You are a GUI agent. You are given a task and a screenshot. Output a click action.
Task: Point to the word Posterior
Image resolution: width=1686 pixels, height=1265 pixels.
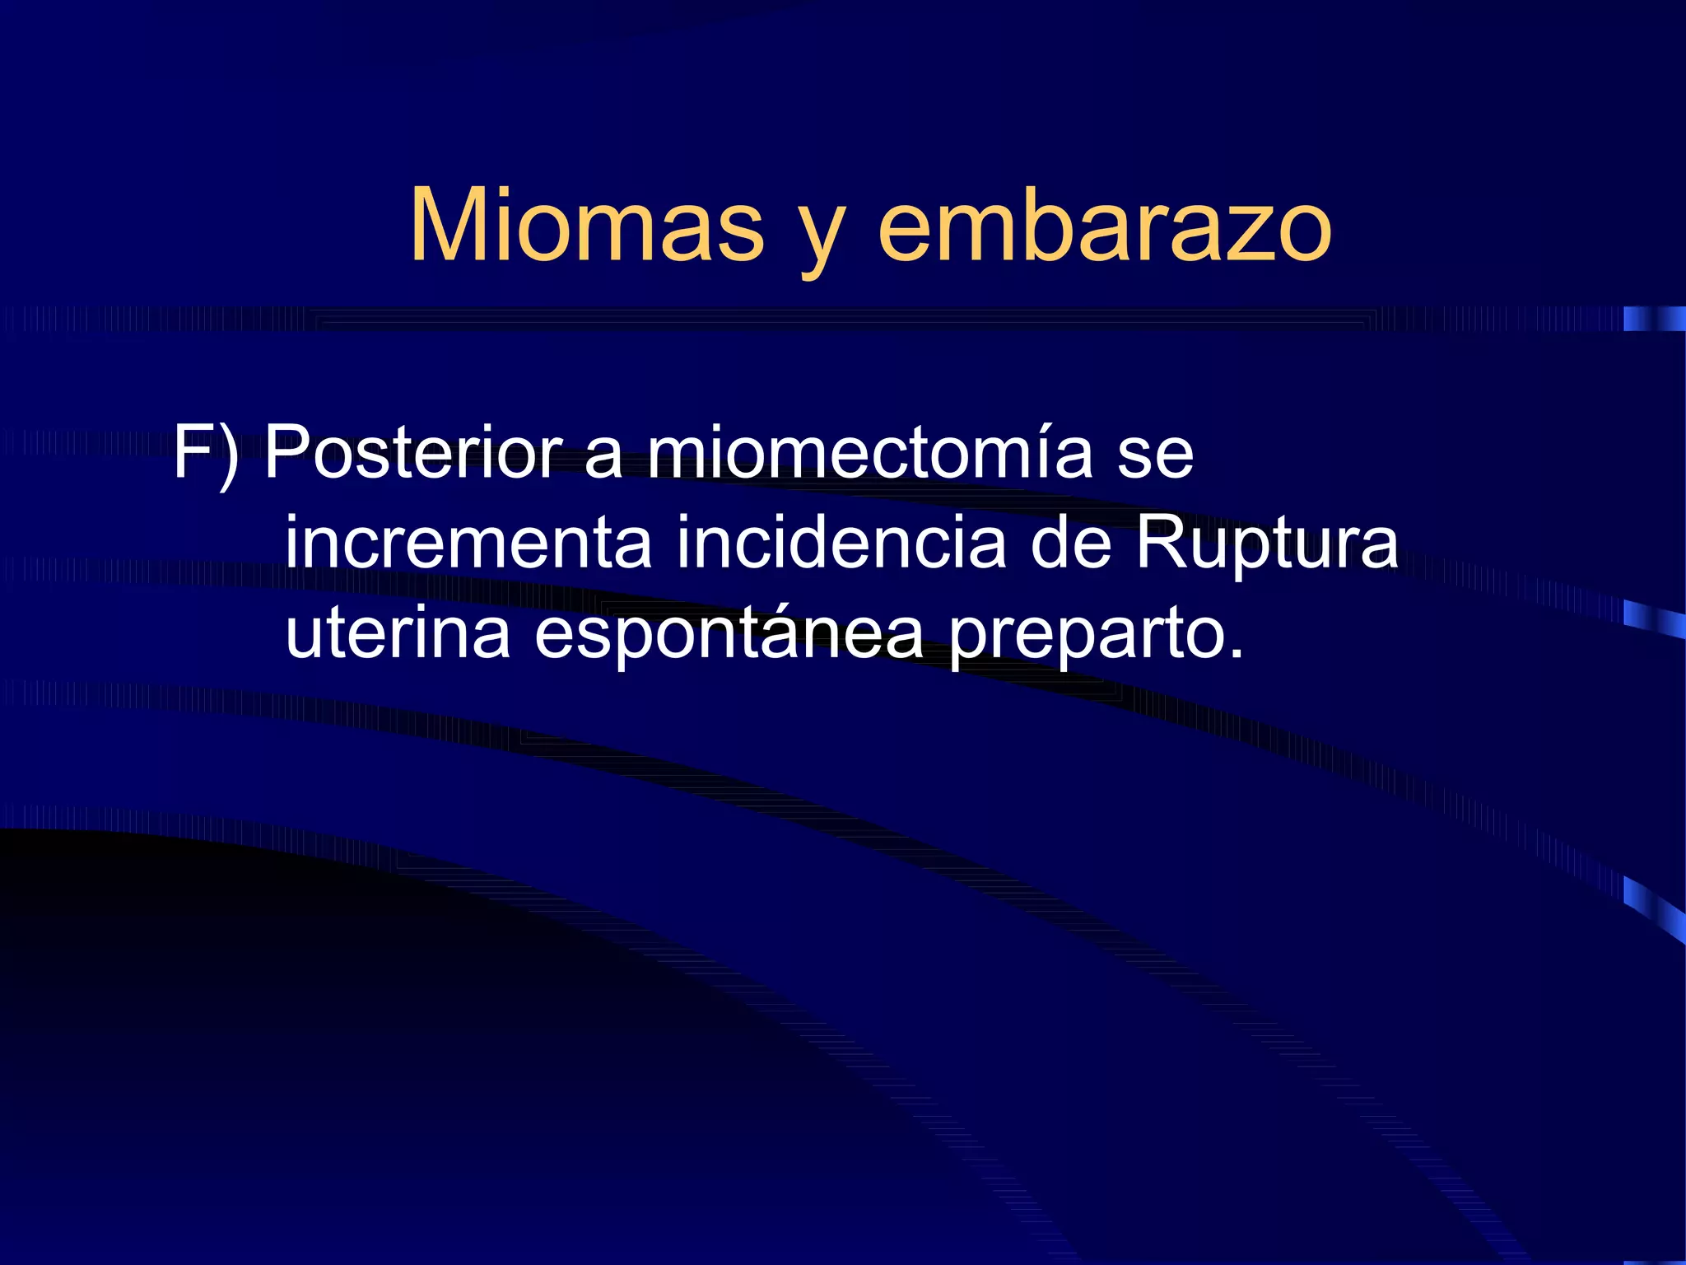click(412, 453)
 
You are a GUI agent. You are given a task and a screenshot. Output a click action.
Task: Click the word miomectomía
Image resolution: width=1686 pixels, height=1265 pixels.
click(869, 453)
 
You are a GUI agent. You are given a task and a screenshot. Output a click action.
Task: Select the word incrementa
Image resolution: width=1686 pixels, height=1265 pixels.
click(468, 544)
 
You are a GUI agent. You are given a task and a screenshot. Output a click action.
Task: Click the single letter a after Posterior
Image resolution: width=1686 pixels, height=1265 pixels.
click(603, 458)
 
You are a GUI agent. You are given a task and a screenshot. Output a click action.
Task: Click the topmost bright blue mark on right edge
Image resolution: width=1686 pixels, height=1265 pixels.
click(1653, 319)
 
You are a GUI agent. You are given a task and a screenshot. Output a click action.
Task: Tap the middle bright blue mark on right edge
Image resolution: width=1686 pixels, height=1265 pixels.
click(1653, 618)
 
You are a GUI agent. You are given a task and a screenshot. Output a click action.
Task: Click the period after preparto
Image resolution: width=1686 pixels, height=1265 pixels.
click(1235, 655)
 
